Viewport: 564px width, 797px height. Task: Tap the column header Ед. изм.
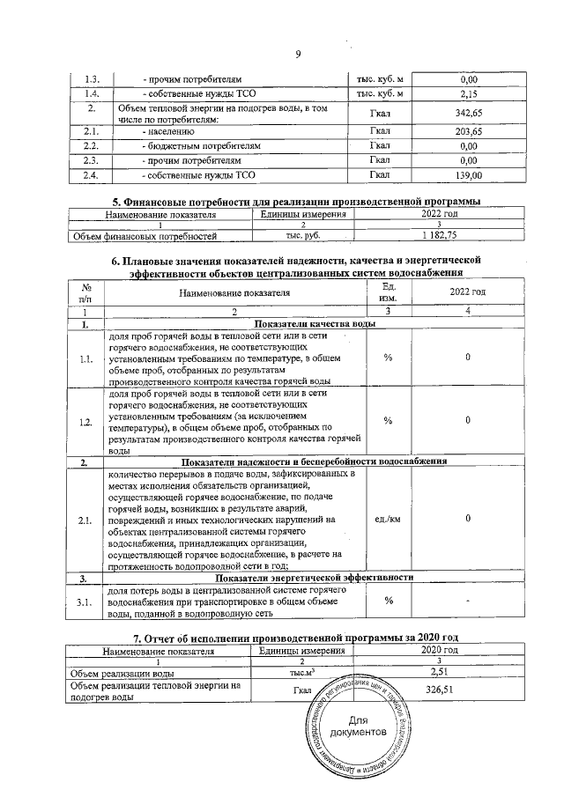(389, 292)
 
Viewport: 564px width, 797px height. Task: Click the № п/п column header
(86, 292)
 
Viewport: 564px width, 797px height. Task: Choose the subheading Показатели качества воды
(315, 325)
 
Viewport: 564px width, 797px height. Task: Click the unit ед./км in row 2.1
(389, 519)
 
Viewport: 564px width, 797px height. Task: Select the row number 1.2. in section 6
(85, 422)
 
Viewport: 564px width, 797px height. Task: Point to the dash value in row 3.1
(468, 601)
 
